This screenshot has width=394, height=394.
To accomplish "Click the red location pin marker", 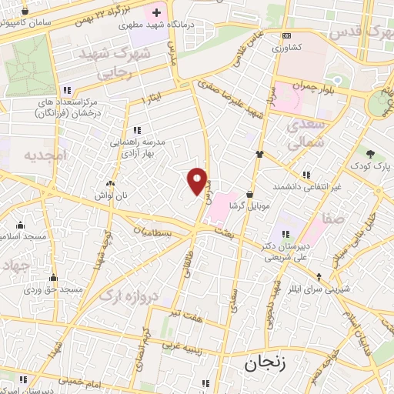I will point(198,181).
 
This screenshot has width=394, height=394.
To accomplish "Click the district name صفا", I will point(336,219).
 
